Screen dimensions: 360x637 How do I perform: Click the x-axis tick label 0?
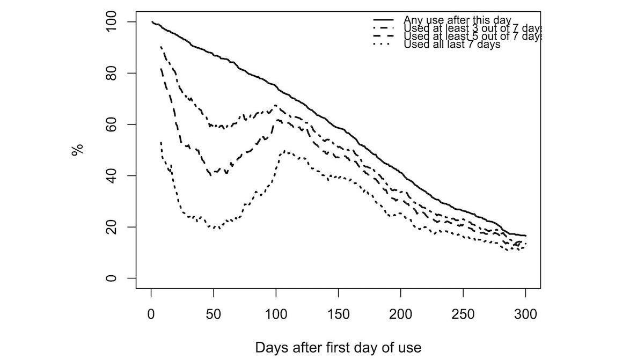pyautogui.click(x=151, y=314)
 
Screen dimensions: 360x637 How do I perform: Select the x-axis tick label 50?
pyautogui.click(x=214, y=314)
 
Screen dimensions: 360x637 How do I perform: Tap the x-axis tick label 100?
pyautogui.click(x=276, y=314)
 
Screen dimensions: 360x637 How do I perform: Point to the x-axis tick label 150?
pyautogui.click(x=338, y=314)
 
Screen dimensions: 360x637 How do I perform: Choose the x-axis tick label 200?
pyautogui.click(x=401, y=314)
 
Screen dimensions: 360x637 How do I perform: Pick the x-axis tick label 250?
pyautogui.click(x=463, y=314)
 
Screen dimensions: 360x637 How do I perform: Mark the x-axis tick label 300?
pyautogui.click(x=525, y=314)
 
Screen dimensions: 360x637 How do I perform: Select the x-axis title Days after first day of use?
pyautogui.click(x=338, y=347)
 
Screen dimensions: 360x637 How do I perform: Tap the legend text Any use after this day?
pyautogui.click(x=457, y=20)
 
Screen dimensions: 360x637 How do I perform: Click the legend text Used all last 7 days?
pyautogui.click(x=452, y=45)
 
